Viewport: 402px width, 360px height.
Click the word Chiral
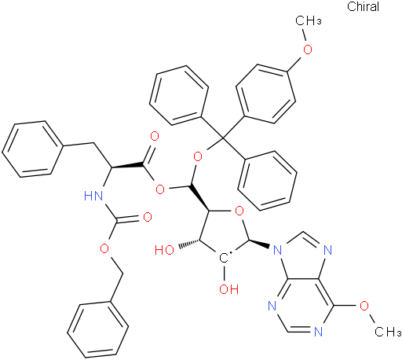[363, 6]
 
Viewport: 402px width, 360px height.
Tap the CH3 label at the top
[309, 20]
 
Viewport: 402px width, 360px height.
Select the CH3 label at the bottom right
[388, 332]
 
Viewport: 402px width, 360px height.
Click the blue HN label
[93, 196]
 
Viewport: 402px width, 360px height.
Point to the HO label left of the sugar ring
[164, 250]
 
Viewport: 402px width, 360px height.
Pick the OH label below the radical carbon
[228, 289]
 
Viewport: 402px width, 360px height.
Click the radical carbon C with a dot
[224, 258]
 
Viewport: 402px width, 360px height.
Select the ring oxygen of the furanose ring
[239, 211]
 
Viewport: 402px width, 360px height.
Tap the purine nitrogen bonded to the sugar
[277, 250]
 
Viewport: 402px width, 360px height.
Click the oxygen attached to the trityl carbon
[198, 157]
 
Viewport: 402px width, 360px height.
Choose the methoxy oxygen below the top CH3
[308, 50]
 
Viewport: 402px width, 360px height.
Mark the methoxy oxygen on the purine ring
[364, 306]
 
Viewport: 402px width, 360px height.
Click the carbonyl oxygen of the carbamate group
[148, 218]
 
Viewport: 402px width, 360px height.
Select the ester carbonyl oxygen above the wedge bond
[155, 137]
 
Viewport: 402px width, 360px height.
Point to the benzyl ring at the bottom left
[98, 329]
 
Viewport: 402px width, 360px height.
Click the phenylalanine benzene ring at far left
[33, 149]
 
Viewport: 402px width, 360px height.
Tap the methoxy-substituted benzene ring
[265, 94]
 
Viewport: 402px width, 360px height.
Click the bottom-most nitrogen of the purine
[318, 332]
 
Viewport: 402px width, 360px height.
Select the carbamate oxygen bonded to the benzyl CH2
[104, 248]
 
